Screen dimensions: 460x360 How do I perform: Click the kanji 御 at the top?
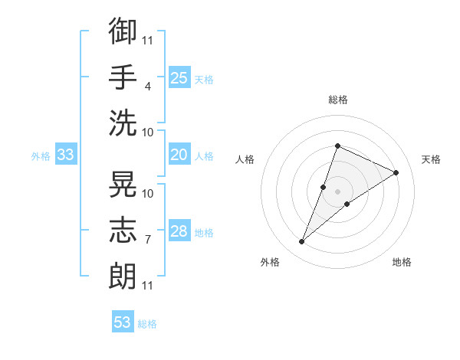coord(123,31)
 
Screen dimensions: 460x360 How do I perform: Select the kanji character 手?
coord(123,77)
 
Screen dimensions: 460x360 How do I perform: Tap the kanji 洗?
coord(123,123)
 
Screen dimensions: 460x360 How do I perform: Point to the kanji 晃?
coord(123,184)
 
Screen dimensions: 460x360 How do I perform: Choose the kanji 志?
coord(123,230)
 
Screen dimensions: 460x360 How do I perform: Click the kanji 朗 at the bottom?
coord(123,276)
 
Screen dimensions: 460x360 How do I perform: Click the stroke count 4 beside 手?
coord(147,87)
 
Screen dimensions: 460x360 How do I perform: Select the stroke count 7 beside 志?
coord(147,240)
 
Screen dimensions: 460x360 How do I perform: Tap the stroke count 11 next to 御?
coord(147,40)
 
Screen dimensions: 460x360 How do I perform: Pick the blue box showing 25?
coord(179,77)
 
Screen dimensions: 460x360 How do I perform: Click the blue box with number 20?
coord(179,154)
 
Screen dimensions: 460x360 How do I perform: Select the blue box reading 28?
coord(179,230)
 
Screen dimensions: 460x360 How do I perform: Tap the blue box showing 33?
coord(66,154)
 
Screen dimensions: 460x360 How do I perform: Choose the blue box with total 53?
coord(123,321)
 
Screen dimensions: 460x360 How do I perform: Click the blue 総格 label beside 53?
coord(147,324)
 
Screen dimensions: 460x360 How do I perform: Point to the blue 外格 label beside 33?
coord(41,156)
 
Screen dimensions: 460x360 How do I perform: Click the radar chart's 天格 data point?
coord(396,172)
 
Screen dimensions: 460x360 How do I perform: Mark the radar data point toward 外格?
coord(301,241)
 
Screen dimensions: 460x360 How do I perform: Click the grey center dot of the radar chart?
coord(337,191)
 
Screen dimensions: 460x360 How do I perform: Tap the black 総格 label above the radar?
coord(338,100)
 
